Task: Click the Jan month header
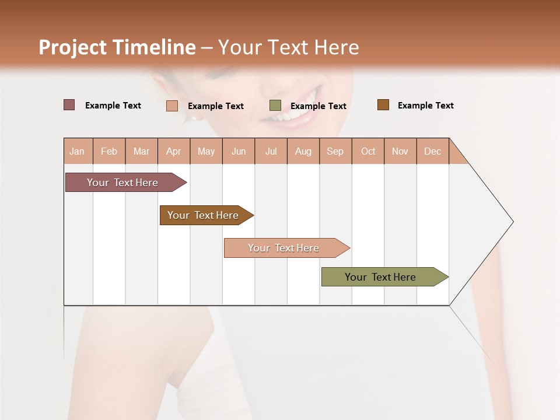pyautogui.click(x=77, y=152)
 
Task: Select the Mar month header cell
pyautogui.click(x=141, y=152)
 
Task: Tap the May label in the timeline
pyautogui.click(x=206, y=152)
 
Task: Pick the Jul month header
pyautogui.click(x=271, y=152)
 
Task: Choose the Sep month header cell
pyautogui.click(x=335, y=152)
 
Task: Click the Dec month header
pyautogui.click(x=432, y=152)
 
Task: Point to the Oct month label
pyautogui.click(x=368, y=152)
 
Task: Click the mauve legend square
pyautogui.click(x=69, y=105)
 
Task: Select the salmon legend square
pyautogui.click(x=172, y=106)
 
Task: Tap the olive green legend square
pyautogui.click(x=275, y=106)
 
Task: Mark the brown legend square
pyautogui.click(x=383, y=105)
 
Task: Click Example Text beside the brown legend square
pyautogui.click(x=425, y=106)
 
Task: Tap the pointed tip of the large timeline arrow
pyautogui.click(x=512, y=222)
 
